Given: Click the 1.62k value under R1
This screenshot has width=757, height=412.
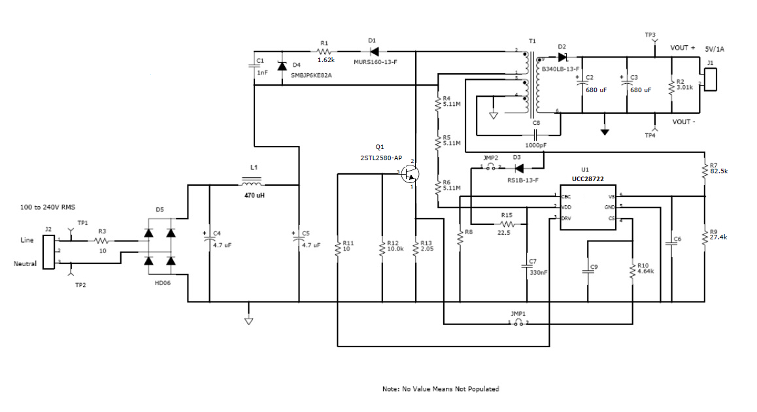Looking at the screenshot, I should click(x=326, y=60).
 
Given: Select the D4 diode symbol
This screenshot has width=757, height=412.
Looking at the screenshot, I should click(x=282, y=67).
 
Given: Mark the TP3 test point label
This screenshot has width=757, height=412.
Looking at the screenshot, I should click(x=650, y=35).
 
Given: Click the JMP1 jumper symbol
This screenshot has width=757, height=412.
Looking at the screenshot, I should click(x=518, y=323).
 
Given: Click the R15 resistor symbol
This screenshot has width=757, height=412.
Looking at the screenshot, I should click(x=508, y=224).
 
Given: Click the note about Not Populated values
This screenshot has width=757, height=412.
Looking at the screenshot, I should click(x=440, y=388).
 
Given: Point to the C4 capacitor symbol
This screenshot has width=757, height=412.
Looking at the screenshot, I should click(x=209, y=239).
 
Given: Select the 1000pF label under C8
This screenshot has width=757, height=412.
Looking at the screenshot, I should click(x=536, y=145).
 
